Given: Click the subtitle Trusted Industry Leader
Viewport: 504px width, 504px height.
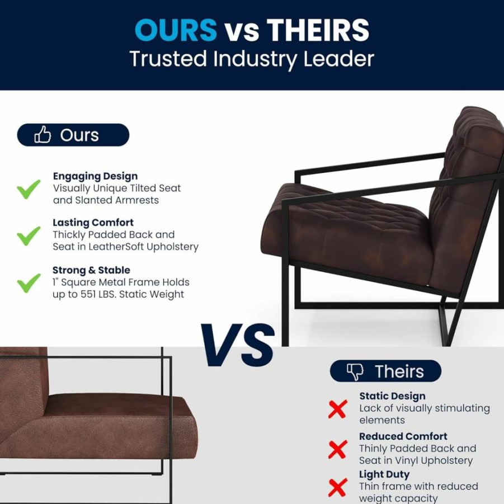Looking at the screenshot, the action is pyautogui.click(x=252, y=59).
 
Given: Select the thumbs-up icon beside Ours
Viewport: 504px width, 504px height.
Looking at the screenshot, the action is pyautogui.click(x=43, y=134).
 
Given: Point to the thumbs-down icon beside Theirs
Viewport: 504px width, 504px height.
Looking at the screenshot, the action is pyautogui.click(x=355, y=371).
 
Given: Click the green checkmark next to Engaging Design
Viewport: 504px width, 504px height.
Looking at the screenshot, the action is pyautogui.click(x=29, y=189).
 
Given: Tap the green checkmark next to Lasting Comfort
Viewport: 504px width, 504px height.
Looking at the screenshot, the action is pyautogui.click(x=29, y=235).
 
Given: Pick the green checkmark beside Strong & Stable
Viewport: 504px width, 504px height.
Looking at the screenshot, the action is pyautogui.click(x=29, y=283).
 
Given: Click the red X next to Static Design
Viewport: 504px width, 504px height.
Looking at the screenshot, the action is pyautogui.click(x=338, y=409).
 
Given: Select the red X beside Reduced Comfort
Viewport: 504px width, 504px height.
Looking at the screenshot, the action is pyautogui.click(x=338, y=449).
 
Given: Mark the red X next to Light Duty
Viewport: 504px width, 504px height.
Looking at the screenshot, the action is pyautogui.click(x=338, y=487).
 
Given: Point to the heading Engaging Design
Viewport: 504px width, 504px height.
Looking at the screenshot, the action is pyautogui.click(x=95, y=176).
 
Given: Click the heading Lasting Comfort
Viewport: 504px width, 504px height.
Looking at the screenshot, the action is pyautogui.click(x=93, y=223).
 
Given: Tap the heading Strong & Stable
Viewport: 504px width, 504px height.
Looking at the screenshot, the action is pyautogui.click(x=91, y=270).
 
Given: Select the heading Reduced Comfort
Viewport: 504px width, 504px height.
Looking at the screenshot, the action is pyautogui.click(x=403, y=436).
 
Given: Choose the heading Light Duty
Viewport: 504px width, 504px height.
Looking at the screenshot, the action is pyautogui.click(x=384, y=474).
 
